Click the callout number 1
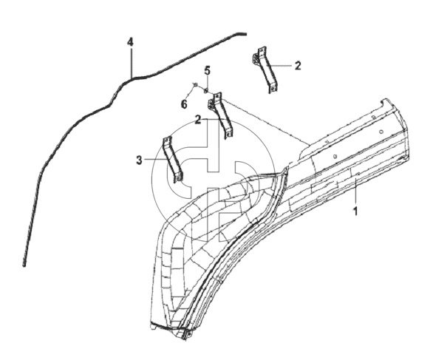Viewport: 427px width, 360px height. click(x=355, y=211)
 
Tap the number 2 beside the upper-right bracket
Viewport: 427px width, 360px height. click(x=298, y=66)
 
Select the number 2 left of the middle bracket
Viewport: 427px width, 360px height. click(x=198, y=120)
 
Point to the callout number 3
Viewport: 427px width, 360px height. click(x=139, y=160)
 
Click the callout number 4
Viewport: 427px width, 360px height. click(x=131, y=42)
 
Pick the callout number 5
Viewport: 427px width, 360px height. click(x=208, y=70)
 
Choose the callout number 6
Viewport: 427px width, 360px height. click(x=185, y=104)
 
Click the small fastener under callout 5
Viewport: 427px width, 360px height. click(x=206, y=89)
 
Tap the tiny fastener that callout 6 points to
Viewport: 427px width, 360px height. click(x=195, y=84)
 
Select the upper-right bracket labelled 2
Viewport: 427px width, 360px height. click(x=265, y=69)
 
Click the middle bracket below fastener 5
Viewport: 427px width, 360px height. click(x=221, y=115)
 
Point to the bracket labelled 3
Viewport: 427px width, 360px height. click(x=172, y=160)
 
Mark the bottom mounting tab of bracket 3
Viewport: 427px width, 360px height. click(x=178, y=177)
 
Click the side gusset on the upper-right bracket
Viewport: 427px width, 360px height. click(x=256, y=58)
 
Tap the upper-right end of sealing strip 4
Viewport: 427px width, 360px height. click(x=245, y=34)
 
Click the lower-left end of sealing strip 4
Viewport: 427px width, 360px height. click(x=24, y=265)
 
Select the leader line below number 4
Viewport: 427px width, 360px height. click(x=131, y=63)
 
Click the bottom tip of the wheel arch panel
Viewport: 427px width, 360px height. click(x=186, y=337)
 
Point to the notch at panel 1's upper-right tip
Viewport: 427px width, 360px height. click(x=383, y=101)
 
